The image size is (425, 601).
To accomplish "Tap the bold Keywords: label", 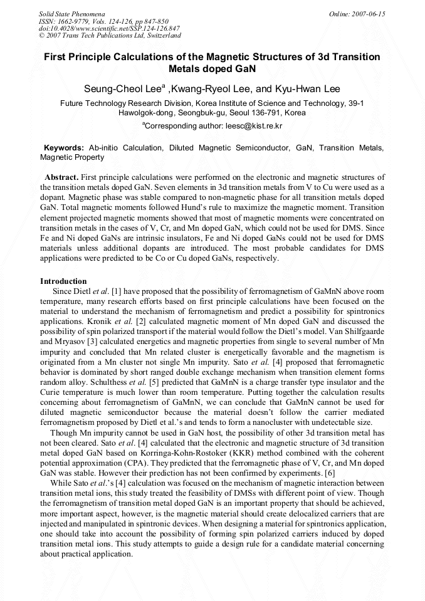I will coord(63,148).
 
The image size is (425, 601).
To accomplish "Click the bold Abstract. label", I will coord(61,177).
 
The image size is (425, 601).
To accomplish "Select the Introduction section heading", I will coord(63,281).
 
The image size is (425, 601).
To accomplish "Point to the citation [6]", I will coord(330,472).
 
